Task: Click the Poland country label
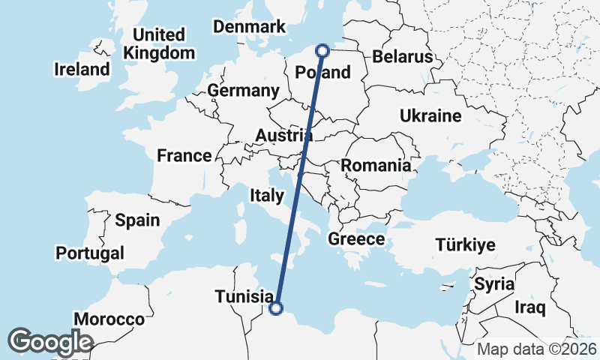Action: coord(323,72)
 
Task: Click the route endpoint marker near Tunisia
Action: coord(276,307)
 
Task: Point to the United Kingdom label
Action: coord(159,44)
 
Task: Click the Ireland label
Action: coord(82,70)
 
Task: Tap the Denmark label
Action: coord(250,27)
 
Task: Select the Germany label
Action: coord(243,91)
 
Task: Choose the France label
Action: coord(184,156)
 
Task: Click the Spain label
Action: coord(137,220)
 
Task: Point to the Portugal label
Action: coord(89,253)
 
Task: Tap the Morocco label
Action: coord(114,319)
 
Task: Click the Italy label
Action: coord(266,196)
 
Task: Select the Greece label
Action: coord(356,240)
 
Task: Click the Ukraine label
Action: coord(430,116)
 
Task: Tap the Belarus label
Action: coord(403,57)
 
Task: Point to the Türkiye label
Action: coord(466,244)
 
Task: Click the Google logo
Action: coord(50,342)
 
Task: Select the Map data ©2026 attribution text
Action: coord(537,349)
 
